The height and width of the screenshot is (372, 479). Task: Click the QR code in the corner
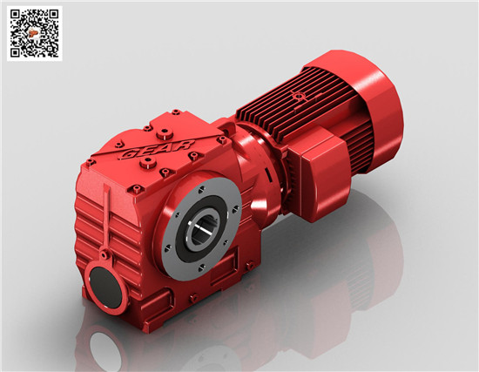coord(35,33)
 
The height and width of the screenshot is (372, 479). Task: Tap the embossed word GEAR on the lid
coord(157,150)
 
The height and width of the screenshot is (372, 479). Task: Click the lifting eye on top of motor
coord(298,97)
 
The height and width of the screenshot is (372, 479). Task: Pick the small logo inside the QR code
coord(33,33)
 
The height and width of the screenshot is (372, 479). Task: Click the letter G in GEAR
coord(129,155)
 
